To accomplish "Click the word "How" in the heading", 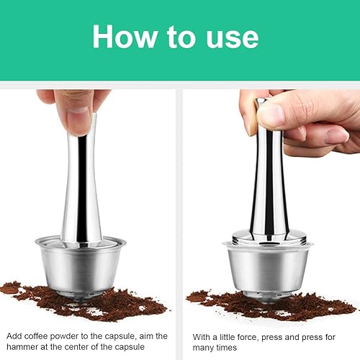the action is [x=125, y=36].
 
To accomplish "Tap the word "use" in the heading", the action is [x=233, y=38].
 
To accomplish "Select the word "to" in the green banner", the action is [x=181, y=37].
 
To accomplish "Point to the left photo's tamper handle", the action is [x=81, y=182].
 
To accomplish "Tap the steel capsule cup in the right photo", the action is [x=268, y=272].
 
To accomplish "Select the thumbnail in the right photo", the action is [x=271, y=116].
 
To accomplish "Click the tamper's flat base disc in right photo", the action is [x=269, y=237].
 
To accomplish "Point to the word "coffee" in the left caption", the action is [x=36, y=336].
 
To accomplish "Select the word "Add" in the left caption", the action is [x=14, y=336].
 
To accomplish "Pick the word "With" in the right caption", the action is [x=202, y=337].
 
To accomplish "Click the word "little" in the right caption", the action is [x=228, y=337].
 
